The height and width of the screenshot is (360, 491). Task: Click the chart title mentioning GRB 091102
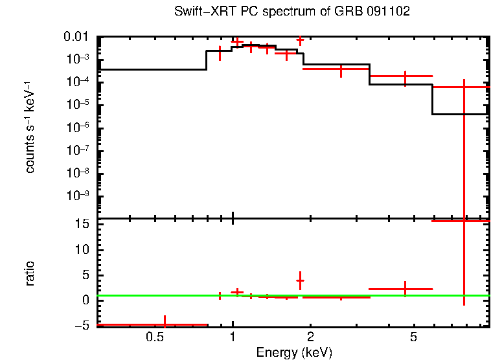click(292, 12)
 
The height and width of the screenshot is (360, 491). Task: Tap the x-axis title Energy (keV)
click(294, 352)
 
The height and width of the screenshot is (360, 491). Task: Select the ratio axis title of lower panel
click(30, 273)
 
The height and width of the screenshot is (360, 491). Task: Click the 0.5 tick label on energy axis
click(154, 337)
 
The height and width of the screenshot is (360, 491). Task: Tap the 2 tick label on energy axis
click(310, 337)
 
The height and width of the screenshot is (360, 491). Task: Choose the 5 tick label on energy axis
click(413, 337)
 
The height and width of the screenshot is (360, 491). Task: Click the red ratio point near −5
click(165, 324)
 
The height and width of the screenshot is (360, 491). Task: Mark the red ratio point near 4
click(300, 280)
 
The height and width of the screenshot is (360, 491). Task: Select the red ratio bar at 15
click(461, 221)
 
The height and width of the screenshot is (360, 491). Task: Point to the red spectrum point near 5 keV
click(405, 76)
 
